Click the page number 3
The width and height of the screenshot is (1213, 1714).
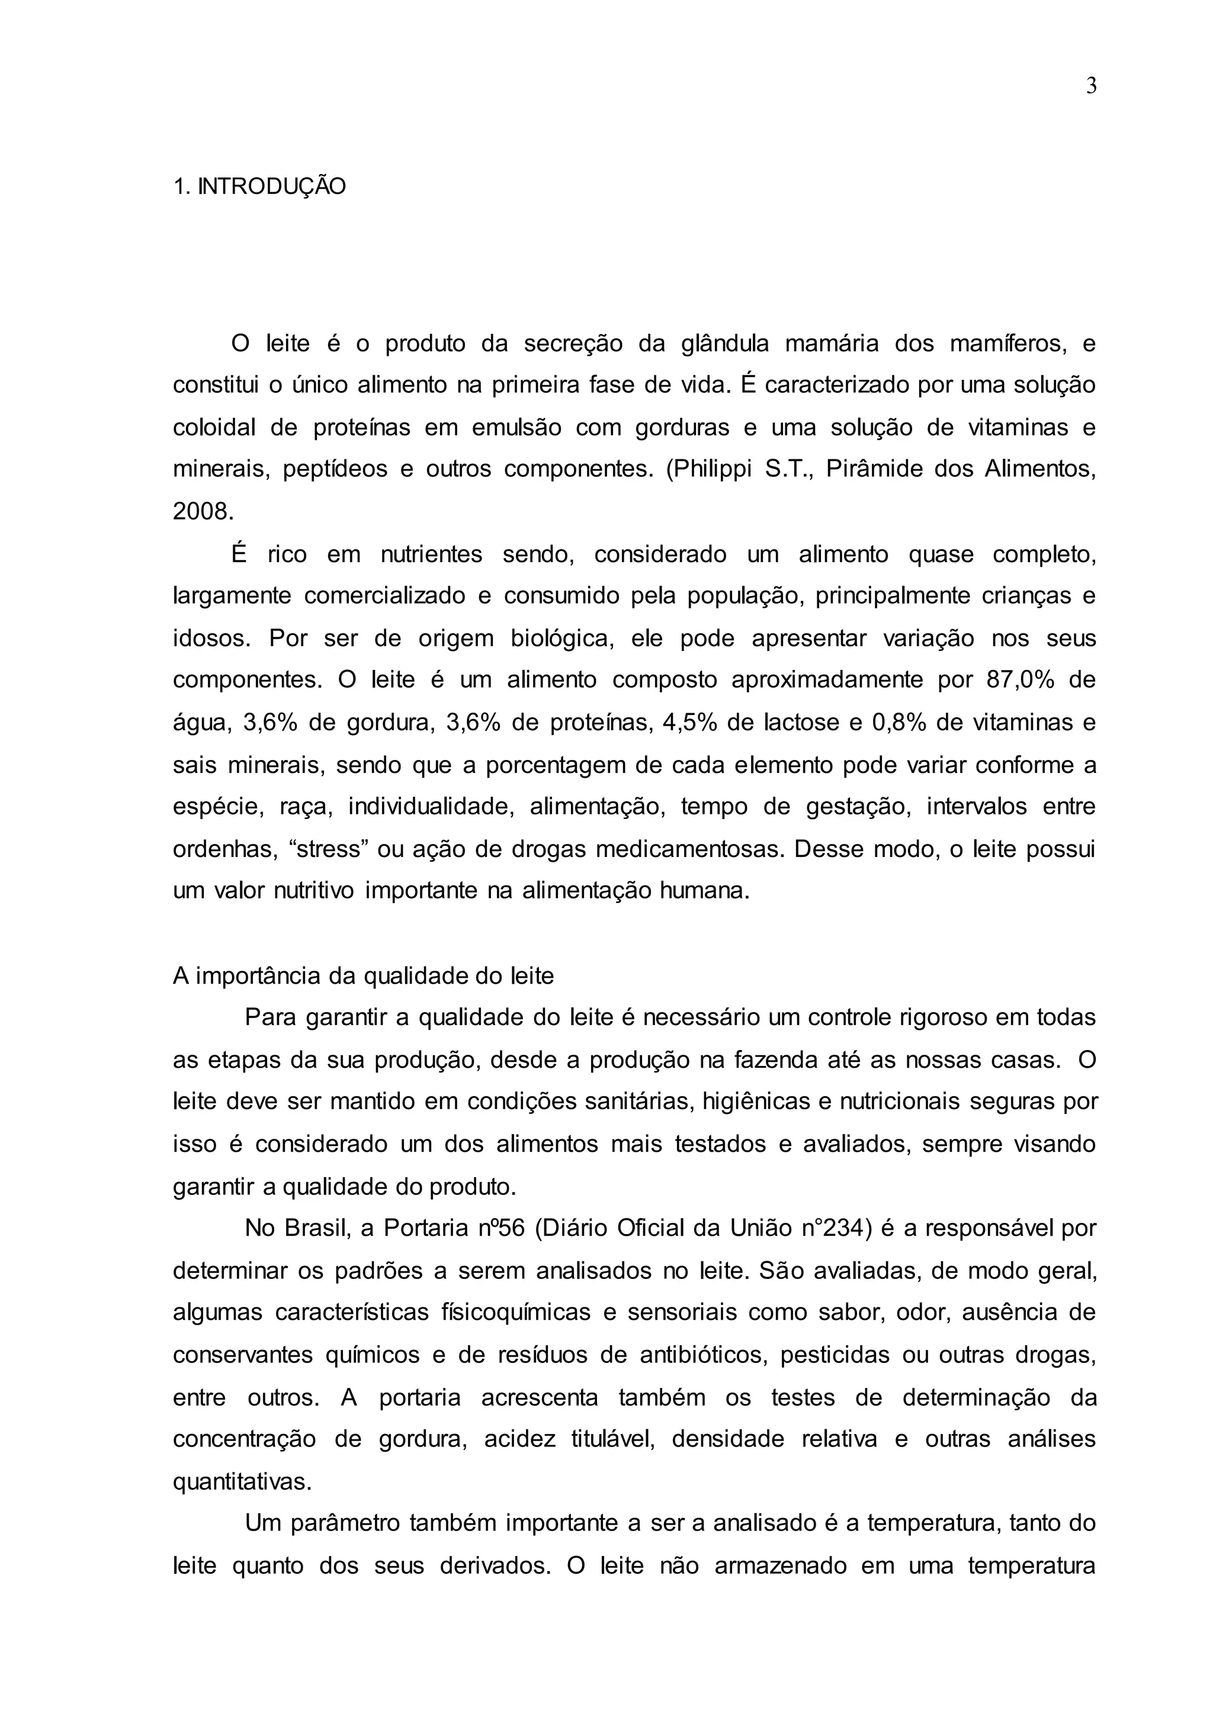click(x=1090, y=86)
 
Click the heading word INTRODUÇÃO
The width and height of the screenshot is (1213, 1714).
click(x=272, y=186)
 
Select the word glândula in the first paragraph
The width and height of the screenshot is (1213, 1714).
click(x=724, y=344)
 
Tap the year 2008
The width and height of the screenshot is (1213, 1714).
click(x=201, y=511)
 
